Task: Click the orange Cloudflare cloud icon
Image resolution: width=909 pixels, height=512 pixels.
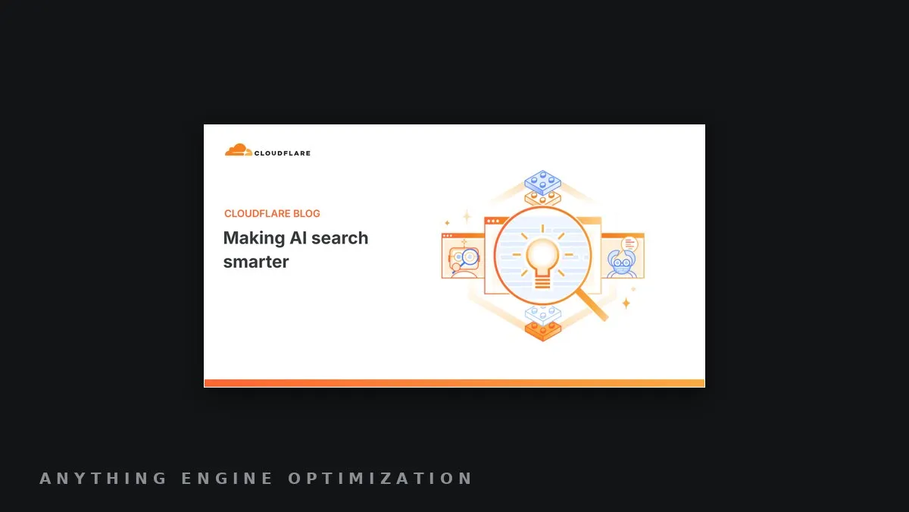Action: point(239,149)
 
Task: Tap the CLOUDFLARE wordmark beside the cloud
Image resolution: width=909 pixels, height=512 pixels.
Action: point(283,153)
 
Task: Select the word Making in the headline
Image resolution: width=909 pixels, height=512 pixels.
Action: point(254,238)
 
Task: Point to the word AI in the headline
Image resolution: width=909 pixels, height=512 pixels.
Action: point(298,237)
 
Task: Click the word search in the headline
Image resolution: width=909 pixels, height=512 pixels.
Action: point(339,237)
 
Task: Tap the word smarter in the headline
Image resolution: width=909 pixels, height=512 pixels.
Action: point(256,262)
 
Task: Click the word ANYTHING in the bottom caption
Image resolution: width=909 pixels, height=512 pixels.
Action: point(103,479)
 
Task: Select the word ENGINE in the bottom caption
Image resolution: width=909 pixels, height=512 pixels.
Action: point(226,479)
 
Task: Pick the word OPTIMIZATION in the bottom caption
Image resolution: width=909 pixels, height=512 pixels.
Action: point(380,479)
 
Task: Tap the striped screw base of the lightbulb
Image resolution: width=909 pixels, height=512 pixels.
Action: point(542,281)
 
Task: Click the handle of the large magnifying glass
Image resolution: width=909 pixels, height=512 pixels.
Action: point(592,304)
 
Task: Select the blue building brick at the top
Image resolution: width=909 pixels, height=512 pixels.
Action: point(542,183)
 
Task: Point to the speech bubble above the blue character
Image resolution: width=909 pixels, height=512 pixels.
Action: point(629,244)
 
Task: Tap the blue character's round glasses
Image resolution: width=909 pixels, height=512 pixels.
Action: point(621,263)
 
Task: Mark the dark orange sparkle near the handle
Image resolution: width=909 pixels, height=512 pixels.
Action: point(626,303)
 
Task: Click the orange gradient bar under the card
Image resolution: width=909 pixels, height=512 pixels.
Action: point(454,383)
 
